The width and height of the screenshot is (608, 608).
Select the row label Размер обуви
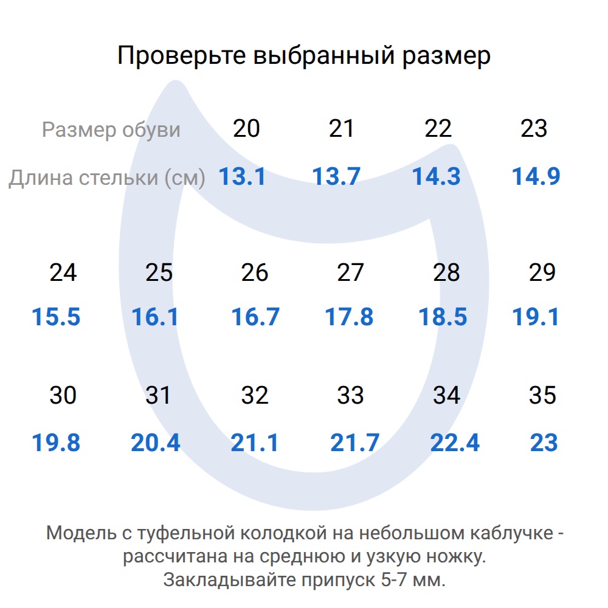click(111, 130)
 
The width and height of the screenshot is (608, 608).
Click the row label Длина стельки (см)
click(106, 178)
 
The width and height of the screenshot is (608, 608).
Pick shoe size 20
click(246, 129)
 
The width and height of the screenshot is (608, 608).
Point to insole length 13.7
click(336, 177)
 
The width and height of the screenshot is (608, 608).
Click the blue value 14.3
click(436, 177)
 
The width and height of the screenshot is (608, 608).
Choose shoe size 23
click(534, 129)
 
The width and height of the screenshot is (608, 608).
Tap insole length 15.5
click(56, 317)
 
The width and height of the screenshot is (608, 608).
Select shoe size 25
click(159, 273)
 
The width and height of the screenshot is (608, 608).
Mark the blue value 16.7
click(255, 317)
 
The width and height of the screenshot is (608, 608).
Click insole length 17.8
click(348, 317)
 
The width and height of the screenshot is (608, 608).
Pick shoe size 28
click(446, 273)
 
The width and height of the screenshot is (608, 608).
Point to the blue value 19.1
click(536, 317)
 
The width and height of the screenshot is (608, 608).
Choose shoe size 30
click(63, 396)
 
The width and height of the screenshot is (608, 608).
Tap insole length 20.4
click(156, 443)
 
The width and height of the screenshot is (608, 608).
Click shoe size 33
click(350, 396)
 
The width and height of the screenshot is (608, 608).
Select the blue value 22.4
click(455, 443)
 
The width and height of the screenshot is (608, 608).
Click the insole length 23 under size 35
click(544, 443)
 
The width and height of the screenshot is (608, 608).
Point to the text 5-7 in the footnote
click(393, 579)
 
